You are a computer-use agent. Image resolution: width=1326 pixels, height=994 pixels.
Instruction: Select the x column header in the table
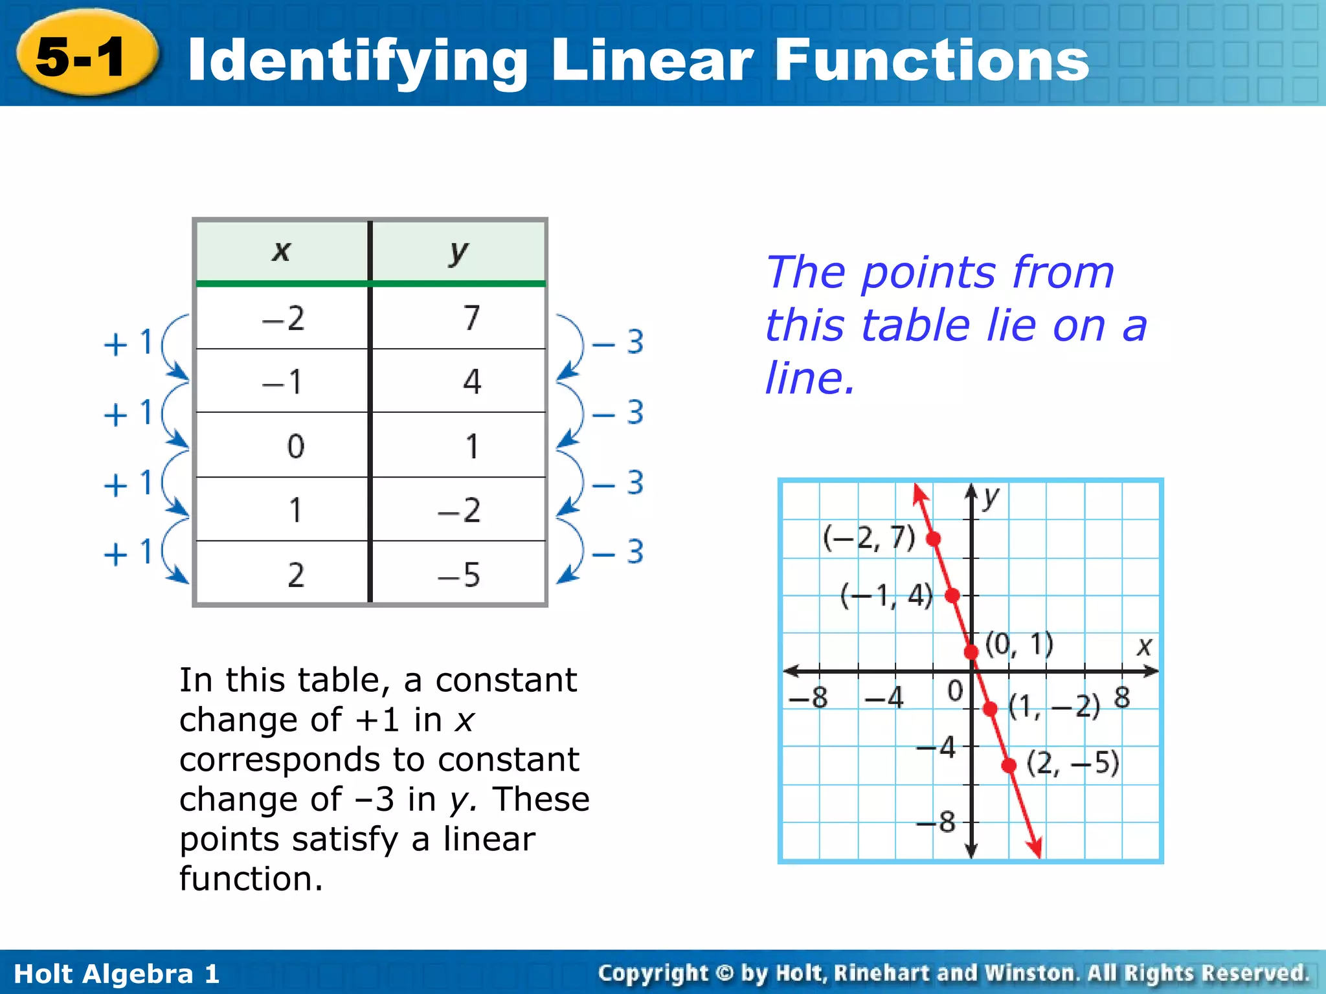(282, 251)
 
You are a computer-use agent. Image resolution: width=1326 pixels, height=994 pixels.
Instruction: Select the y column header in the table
(458, 251)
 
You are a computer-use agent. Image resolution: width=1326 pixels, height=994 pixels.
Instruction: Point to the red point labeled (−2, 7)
(934, 538)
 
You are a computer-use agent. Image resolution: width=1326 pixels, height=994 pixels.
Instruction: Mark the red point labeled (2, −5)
(1009, 766)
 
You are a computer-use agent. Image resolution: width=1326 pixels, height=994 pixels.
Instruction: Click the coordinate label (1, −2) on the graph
(1054, 705)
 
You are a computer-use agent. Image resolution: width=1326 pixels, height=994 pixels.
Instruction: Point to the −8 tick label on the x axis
(808, 698)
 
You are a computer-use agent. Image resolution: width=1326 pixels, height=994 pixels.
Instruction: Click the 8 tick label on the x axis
(1122, 698)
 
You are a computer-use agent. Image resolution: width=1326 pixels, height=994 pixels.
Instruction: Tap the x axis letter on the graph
(1145, 646)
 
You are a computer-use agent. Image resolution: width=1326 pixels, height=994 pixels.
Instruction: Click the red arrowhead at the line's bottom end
(1035, 847)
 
